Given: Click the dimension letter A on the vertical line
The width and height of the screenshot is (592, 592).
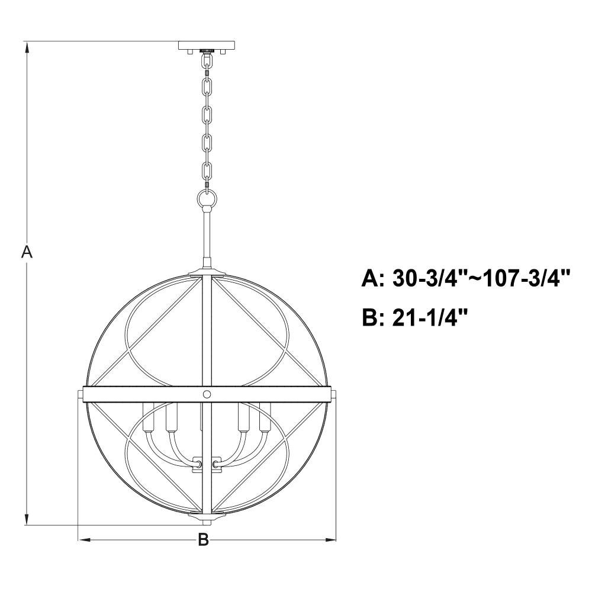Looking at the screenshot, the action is (x=27, y=252).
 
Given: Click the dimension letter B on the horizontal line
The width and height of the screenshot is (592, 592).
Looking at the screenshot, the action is (x=204, y=539).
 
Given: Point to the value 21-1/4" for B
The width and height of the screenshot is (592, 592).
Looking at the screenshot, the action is (x=430, y=317).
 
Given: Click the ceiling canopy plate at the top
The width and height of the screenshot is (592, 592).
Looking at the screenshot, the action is (x=207, y=46).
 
